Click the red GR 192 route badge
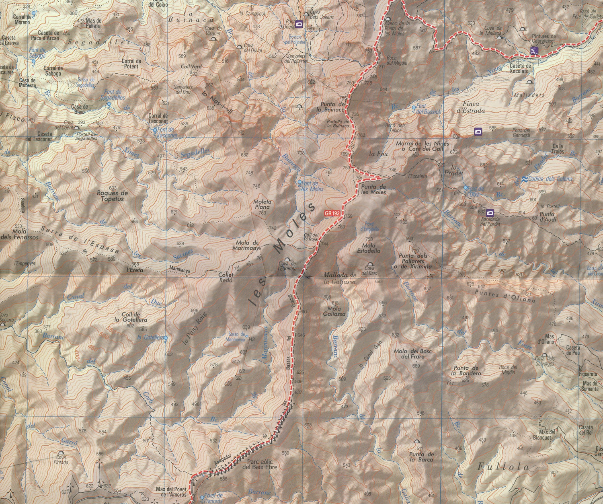[x=333, y=213]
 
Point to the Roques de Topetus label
[x=113, y=195]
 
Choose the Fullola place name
[x=503, y=467]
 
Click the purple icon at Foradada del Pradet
[x=490, y=212]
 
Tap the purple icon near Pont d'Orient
[x=299, y=24]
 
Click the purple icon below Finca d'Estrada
[x=478, y=131]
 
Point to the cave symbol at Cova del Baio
[x=369, y=266]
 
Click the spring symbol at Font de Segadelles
[x=109, y=105]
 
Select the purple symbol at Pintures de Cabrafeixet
[x=533, y=51]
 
